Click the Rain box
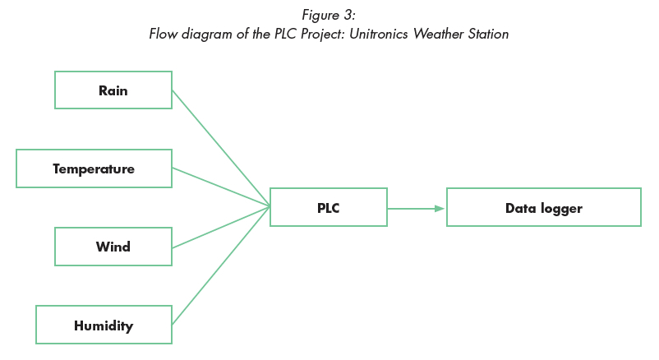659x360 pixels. click(x=113, y=90)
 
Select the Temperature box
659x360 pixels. click(x=94, y=168)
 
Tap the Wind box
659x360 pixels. click(x=113, y=247)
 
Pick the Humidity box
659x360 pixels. click(x=104, y=325)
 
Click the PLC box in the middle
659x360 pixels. click(x=328, y=208)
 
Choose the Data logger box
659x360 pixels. click(x=543, y=208)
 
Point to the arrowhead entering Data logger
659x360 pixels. click(x=440, y=209)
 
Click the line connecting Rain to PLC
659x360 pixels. click(x=222, y=148)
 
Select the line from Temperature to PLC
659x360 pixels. click(x=222, y=187)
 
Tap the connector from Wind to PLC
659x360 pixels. click(x=222, y=227)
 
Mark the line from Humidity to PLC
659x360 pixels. click(x=222, y=265)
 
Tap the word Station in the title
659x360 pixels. click(x=485, y=35)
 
